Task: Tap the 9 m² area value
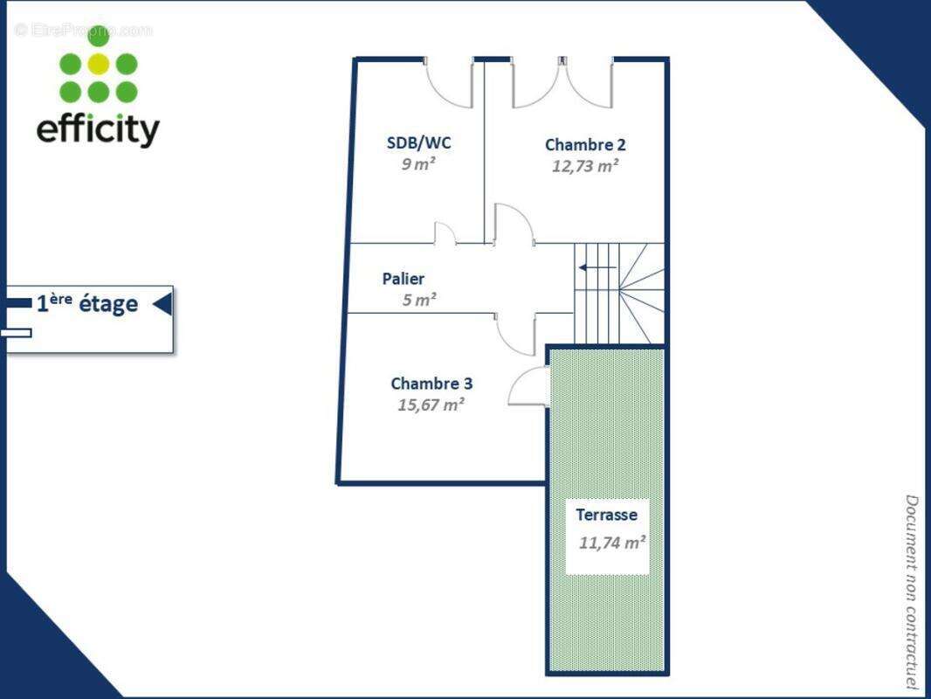coord(418,163)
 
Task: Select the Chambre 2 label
coord(585,145)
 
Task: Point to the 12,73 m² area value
coord(585,166)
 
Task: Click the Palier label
coord(403,279)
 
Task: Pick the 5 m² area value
coord(419,300)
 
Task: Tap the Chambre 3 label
coord(431,384)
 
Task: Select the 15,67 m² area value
coord(431,405)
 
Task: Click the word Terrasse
coord(606,515)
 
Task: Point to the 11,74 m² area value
coord(612,542)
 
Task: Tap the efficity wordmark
coord(98,129)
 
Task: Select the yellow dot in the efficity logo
coord(99,64)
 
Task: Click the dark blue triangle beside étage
coord(162,304)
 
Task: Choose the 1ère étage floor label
coord(86,304)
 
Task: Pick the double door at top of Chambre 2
coord(562,83)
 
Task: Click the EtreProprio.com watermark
coord(84,31)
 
